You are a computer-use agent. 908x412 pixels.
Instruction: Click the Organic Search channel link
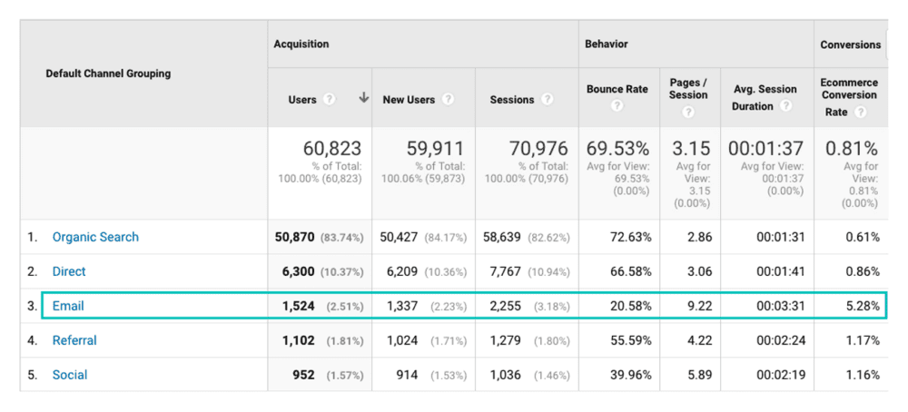coord(95,237)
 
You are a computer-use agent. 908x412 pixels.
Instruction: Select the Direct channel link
coord(69,271)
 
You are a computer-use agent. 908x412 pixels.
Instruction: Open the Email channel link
coord(68,306)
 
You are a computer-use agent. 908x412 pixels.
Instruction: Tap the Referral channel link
coord(74,340)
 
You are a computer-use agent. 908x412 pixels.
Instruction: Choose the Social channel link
coord(70,375)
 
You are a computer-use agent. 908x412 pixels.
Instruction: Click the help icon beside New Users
coord(448,100)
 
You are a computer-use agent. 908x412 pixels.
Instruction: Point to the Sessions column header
coord(511,100)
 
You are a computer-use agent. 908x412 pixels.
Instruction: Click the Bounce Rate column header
coord(617,89)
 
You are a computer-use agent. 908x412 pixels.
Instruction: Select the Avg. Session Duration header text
coord(765,97)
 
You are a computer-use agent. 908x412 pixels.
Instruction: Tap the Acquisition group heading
coord(301,44)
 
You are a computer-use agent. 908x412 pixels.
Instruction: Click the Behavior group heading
coord(607,44)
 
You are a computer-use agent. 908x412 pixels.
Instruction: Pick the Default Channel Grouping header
coord(108,74)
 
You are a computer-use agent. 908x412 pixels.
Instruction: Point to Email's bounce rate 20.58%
coord(631,306)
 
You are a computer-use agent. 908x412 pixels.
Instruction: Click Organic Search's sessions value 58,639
coord(507,237)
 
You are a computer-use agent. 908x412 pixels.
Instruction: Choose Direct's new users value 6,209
coord(404,271)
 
